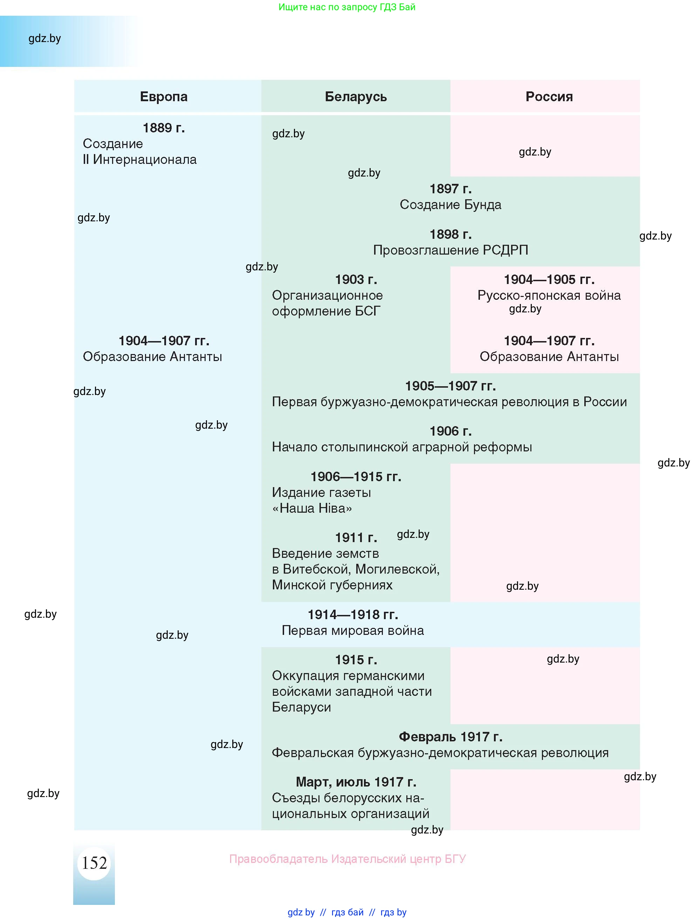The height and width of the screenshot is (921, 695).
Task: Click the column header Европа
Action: pyautogui.click(x=164, y=97)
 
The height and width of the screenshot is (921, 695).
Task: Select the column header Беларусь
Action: pyautogui.click(x=356, y=97)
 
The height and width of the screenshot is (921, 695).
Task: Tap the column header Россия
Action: pyautogui.click(x=549, y=97)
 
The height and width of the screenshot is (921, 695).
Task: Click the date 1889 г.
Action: pyautogui.click(x=164, y=128)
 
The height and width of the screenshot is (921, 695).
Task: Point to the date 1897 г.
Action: pyautogui.click(x=450, y=189)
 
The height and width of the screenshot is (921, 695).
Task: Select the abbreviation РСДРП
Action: pyautogui.click(x=505, y=250)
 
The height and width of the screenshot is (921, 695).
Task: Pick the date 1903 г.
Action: pyautogui.click(x=356, y=279)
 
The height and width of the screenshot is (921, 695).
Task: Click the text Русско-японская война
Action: pyautogui.click(x=549, y=296)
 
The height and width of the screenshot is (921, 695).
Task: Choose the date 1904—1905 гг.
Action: pyautogui.click(x=549, y=279)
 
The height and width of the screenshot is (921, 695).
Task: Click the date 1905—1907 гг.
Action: pyautogui.click(x=450, y=386)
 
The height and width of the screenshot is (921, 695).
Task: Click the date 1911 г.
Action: pyautogui.click(x=356, y=538)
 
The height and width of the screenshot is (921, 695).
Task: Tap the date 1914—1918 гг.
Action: pyautogui.click(x=353, y=615)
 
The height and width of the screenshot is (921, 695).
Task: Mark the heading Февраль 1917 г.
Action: pyautogui.click(x=450, y=737)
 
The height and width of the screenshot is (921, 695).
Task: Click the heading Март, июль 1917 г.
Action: pyautogui.click(x=356, y=782)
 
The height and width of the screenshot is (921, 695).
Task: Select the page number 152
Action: pyautogui.click(x=94, y=863)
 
